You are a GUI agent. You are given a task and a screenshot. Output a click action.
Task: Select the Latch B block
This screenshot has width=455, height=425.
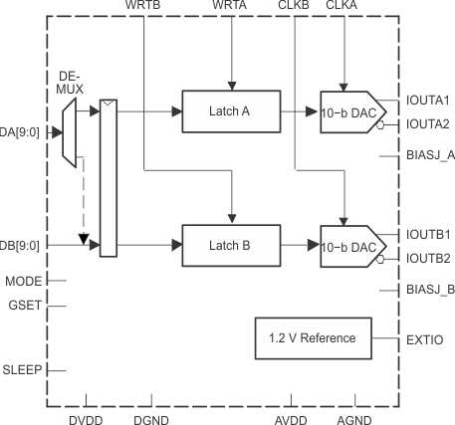[x=230, y=245]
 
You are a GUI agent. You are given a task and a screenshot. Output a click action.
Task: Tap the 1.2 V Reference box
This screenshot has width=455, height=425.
[x=314, y=338]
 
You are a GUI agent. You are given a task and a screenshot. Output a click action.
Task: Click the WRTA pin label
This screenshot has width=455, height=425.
[x=230, y=7]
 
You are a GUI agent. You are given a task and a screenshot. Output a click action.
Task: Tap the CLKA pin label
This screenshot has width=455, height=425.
[x=342, y=7]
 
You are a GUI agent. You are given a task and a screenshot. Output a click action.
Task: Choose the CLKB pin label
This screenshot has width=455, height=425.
[x=295, y=7]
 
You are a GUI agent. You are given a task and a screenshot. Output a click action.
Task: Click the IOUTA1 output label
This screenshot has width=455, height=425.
[x=428, y=101]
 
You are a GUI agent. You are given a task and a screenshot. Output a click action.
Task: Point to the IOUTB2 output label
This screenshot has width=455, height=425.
[x=428, y=258]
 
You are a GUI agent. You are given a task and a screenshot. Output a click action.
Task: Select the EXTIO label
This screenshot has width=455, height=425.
[x=424, y=339]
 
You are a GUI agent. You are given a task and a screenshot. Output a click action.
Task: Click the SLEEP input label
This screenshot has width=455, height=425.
[x=22, y=369]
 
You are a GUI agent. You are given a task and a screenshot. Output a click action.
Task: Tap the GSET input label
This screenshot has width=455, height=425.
[x=25, y=306]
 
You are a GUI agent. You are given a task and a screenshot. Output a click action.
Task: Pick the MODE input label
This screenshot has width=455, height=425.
[x=24, y=282]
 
